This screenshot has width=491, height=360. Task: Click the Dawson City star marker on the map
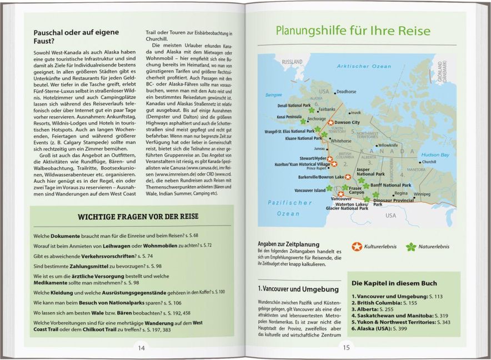click(x=330, y=122)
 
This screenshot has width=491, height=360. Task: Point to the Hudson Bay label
click(x=435, y=155)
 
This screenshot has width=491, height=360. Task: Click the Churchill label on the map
click(x=429, y=162)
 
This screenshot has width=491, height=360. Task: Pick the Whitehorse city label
click(x=341, y=141)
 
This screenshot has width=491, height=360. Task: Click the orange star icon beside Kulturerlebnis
click(x=357, y=246)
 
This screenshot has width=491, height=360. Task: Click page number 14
click(x=141, y=348)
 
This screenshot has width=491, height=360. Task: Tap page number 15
click(x=346, y=348)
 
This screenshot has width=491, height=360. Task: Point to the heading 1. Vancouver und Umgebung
click(x=298, y=289)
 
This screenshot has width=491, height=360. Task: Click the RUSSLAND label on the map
click(x=292, y=62)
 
